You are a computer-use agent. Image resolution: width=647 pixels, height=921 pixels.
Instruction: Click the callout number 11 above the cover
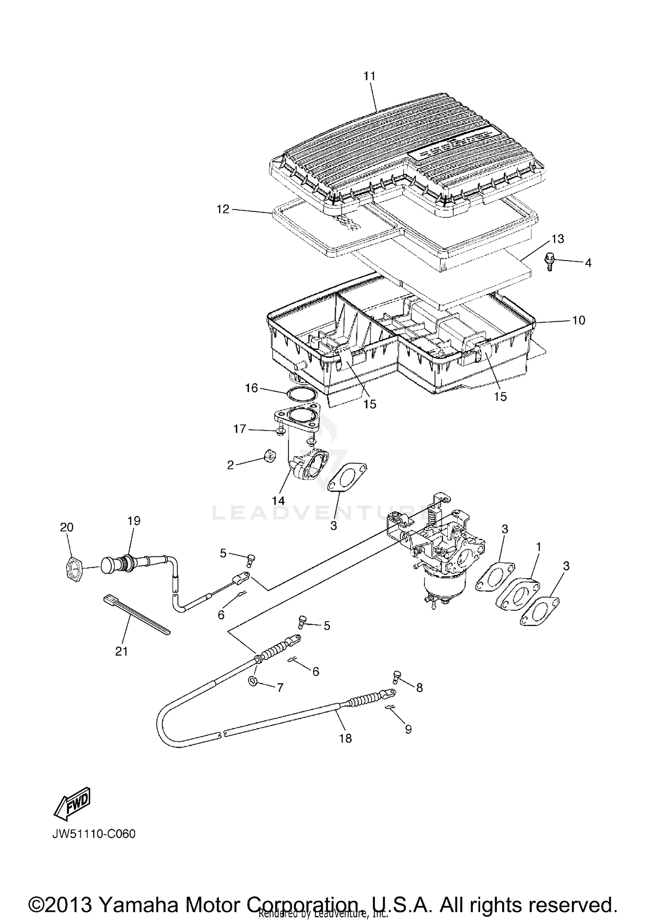click(370, 76)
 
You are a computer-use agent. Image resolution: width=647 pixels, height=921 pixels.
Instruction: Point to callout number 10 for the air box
click(578, 320)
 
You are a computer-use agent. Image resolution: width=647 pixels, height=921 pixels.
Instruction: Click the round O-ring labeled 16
click(301, 394)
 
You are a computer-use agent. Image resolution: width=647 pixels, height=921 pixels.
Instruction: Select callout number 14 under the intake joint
click(279, 500)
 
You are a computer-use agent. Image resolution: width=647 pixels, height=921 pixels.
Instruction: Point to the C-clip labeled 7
click(253, 681)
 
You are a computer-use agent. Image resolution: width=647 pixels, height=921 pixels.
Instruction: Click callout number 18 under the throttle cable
click(345, 738)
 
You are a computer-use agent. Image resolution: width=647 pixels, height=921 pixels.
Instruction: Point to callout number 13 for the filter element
click(557, 239)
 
